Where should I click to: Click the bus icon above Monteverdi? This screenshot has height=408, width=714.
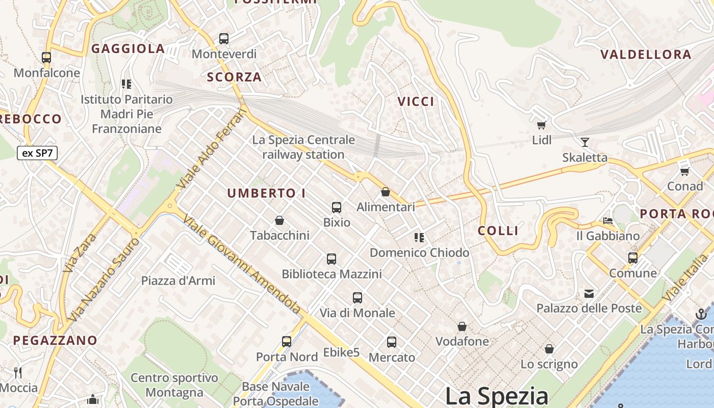(x=223, y=38)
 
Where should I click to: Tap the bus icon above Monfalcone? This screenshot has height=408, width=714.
(x=46, y=58)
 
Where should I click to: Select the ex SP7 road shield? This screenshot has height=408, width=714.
(x=37, y=153)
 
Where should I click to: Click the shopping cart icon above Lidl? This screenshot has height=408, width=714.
(x=541, y=125)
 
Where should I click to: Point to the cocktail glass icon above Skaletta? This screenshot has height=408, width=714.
(x=584, y=142)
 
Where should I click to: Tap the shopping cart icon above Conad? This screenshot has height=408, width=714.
(x=684, y=171)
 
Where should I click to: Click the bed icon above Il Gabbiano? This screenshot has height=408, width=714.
(x=607, y=221)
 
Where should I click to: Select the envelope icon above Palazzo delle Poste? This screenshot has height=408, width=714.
(x=589, y=293)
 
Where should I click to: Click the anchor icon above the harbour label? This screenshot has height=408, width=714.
(x=701, y=314)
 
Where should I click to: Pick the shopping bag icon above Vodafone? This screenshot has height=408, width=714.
(x=462, y=326)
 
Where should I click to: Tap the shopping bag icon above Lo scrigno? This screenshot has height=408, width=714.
(x=549, y=349)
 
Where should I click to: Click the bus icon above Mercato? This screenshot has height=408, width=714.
(x=391, y=342)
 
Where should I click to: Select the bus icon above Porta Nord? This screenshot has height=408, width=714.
(x=287, y=342)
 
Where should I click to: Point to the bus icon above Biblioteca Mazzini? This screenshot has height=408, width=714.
(x=331, y=259)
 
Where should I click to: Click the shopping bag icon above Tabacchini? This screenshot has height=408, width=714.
(x=279, y=220)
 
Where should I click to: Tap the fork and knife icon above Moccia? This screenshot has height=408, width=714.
(x=18, y=373)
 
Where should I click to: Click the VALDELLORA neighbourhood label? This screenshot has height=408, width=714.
(x=646, y=55)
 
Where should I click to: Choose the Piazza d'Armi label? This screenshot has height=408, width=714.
(x=178, y=280)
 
